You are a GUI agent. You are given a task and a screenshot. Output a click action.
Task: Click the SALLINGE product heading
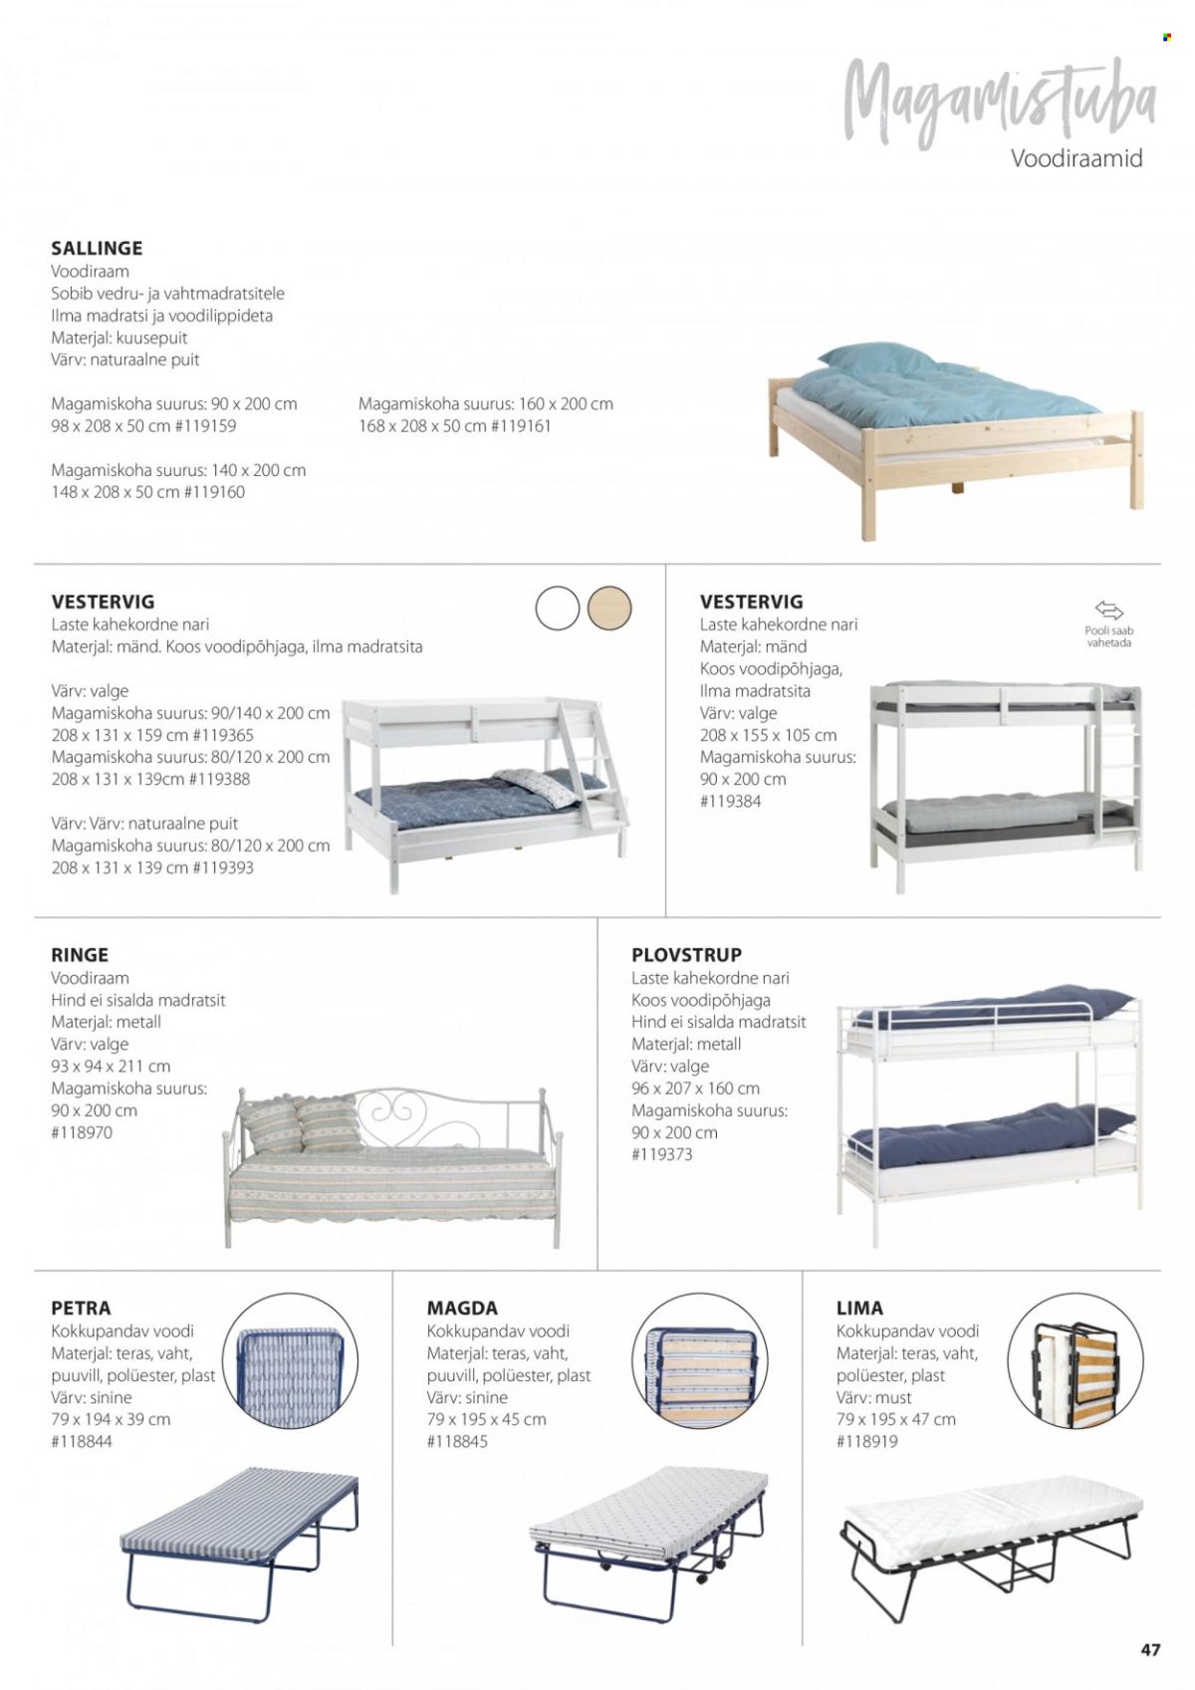(97, 248)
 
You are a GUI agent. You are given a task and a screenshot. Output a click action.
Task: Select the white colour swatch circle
(557, 607)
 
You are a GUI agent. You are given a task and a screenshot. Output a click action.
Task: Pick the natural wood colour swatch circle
(609, 607)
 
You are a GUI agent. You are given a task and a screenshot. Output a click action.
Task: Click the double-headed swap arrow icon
(1108, 609)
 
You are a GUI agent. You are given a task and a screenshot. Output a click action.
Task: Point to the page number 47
(1150, 1649)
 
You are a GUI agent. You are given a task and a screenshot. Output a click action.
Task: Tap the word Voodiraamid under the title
(1076, 158)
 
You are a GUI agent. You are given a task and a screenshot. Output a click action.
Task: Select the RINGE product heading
(80, 955)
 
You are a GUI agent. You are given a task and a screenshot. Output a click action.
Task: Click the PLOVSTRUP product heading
(686, 955)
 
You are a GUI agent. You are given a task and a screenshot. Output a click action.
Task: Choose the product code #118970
(82, 1132)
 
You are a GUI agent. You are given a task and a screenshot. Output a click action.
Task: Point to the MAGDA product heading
(462, 1308)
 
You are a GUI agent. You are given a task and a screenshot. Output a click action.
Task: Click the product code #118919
(867, 1441)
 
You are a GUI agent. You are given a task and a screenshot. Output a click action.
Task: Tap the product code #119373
(662, 1154)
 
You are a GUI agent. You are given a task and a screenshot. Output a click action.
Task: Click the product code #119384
(731, 802)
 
